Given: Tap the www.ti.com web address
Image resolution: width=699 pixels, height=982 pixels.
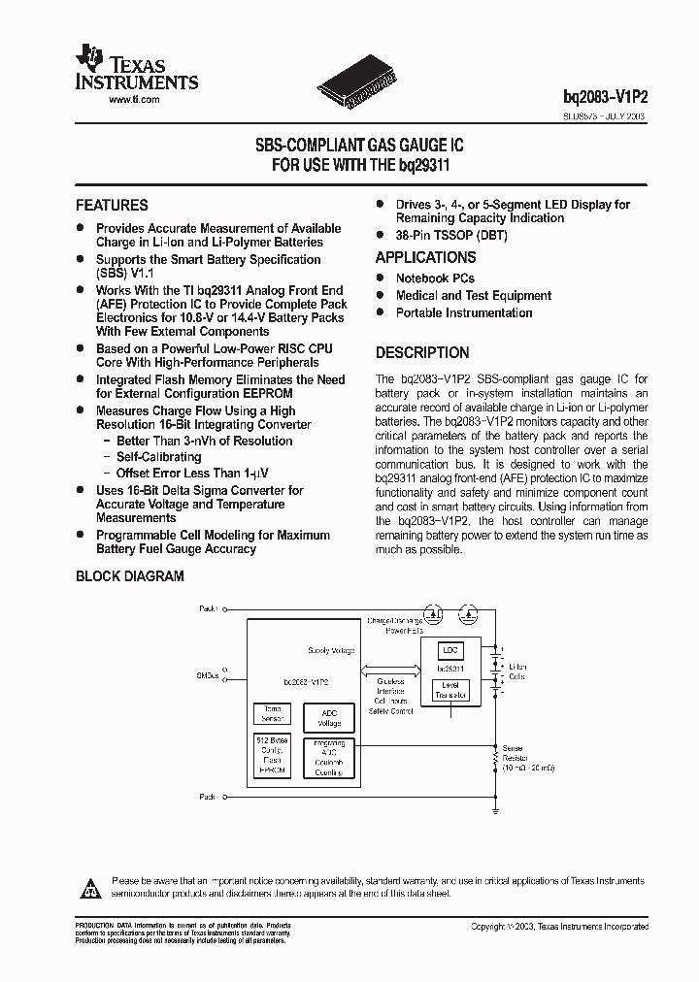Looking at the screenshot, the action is coord(133,100).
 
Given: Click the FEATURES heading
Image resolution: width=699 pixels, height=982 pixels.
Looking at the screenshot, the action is coord(112,206).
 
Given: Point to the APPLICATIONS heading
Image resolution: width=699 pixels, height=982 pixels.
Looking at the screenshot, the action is coord(425,258).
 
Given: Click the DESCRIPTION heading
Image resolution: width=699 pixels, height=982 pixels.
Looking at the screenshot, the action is coord(422,353).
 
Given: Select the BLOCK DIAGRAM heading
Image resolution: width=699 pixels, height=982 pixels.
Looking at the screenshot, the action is coord(130,576).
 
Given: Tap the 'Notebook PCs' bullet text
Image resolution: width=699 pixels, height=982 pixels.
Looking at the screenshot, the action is coord(435,278).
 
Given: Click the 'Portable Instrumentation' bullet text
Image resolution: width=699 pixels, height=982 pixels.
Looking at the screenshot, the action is coord(463,313).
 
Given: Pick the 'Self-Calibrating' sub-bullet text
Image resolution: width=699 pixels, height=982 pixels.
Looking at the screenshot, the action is coord(158,457).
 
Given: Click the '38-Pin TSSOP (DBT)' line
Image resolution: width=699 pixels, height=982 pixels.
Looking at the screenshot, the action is coord(450,236).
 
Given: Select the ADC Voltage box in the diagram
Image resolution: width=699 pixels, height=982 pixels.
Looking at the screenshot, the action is coord(330,718).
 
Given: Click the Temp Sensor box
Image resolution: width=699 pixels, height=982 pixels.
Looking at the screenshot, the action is coord(272,714).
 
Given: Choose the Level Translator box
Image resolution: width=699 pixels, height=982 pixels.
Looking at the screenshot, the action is coord(450,691).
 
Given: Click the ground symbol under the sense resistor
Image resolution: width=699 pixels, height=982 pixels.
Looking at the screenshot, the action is coord(496,806).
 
